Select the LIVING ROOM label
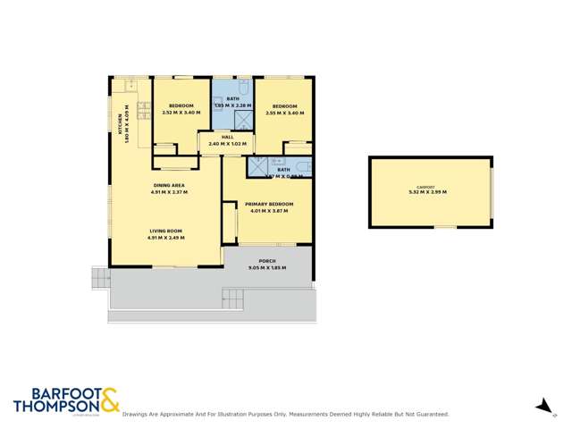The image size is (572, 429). [165, 231]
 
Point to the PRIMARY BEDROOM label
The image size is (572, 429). [269, 205]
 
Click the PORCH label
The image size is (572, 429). [267, 263]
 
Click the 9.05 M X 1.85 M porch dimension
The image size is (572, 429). [267, 269]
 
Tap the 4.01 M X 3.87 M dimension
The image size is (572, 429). [269, 211]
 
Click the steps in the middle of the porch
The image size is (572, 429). [232, 298]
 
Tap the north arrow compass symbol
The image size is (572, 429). [543, 407]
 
